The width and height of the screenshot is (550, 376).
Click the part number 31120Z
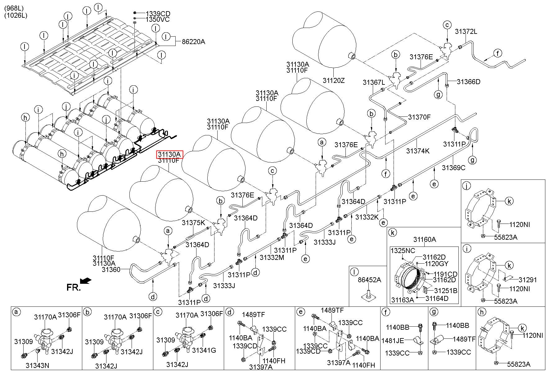click(334, 80)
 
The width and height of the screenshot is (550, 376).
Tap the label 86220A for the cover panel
click(194, 42)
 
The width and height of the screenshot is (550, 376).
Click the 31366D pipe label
click(469, 82)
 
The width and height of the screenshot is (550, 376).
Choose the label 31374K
click(418, 151)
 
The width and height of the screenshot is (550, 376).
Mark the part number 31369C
click(454, 168)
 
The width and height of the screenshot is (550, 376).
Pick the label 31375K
click(194, 222)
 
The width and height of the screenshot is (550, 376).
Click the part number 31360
click(111, 270)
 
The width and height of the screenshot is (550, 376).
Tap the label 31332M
click(272, 257)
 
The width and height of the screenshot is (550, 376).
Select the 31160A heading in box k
click(425, 239)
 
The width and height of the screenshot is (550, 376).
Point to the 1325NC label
click(403, 251)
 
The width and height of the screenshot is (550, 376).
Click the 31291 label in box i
click(528, 279)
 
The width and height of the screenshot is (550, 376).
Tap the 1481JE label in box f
click(393, 341)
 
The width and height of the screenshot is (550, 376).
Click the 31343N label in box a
click(37, 365)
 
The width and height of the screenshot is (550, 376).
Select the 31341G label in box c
click(204, 350)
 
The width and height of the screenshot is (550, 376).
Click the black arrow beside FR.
click(86, 281)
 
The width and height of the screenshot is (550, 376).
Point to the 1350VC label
click(158, 20)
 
